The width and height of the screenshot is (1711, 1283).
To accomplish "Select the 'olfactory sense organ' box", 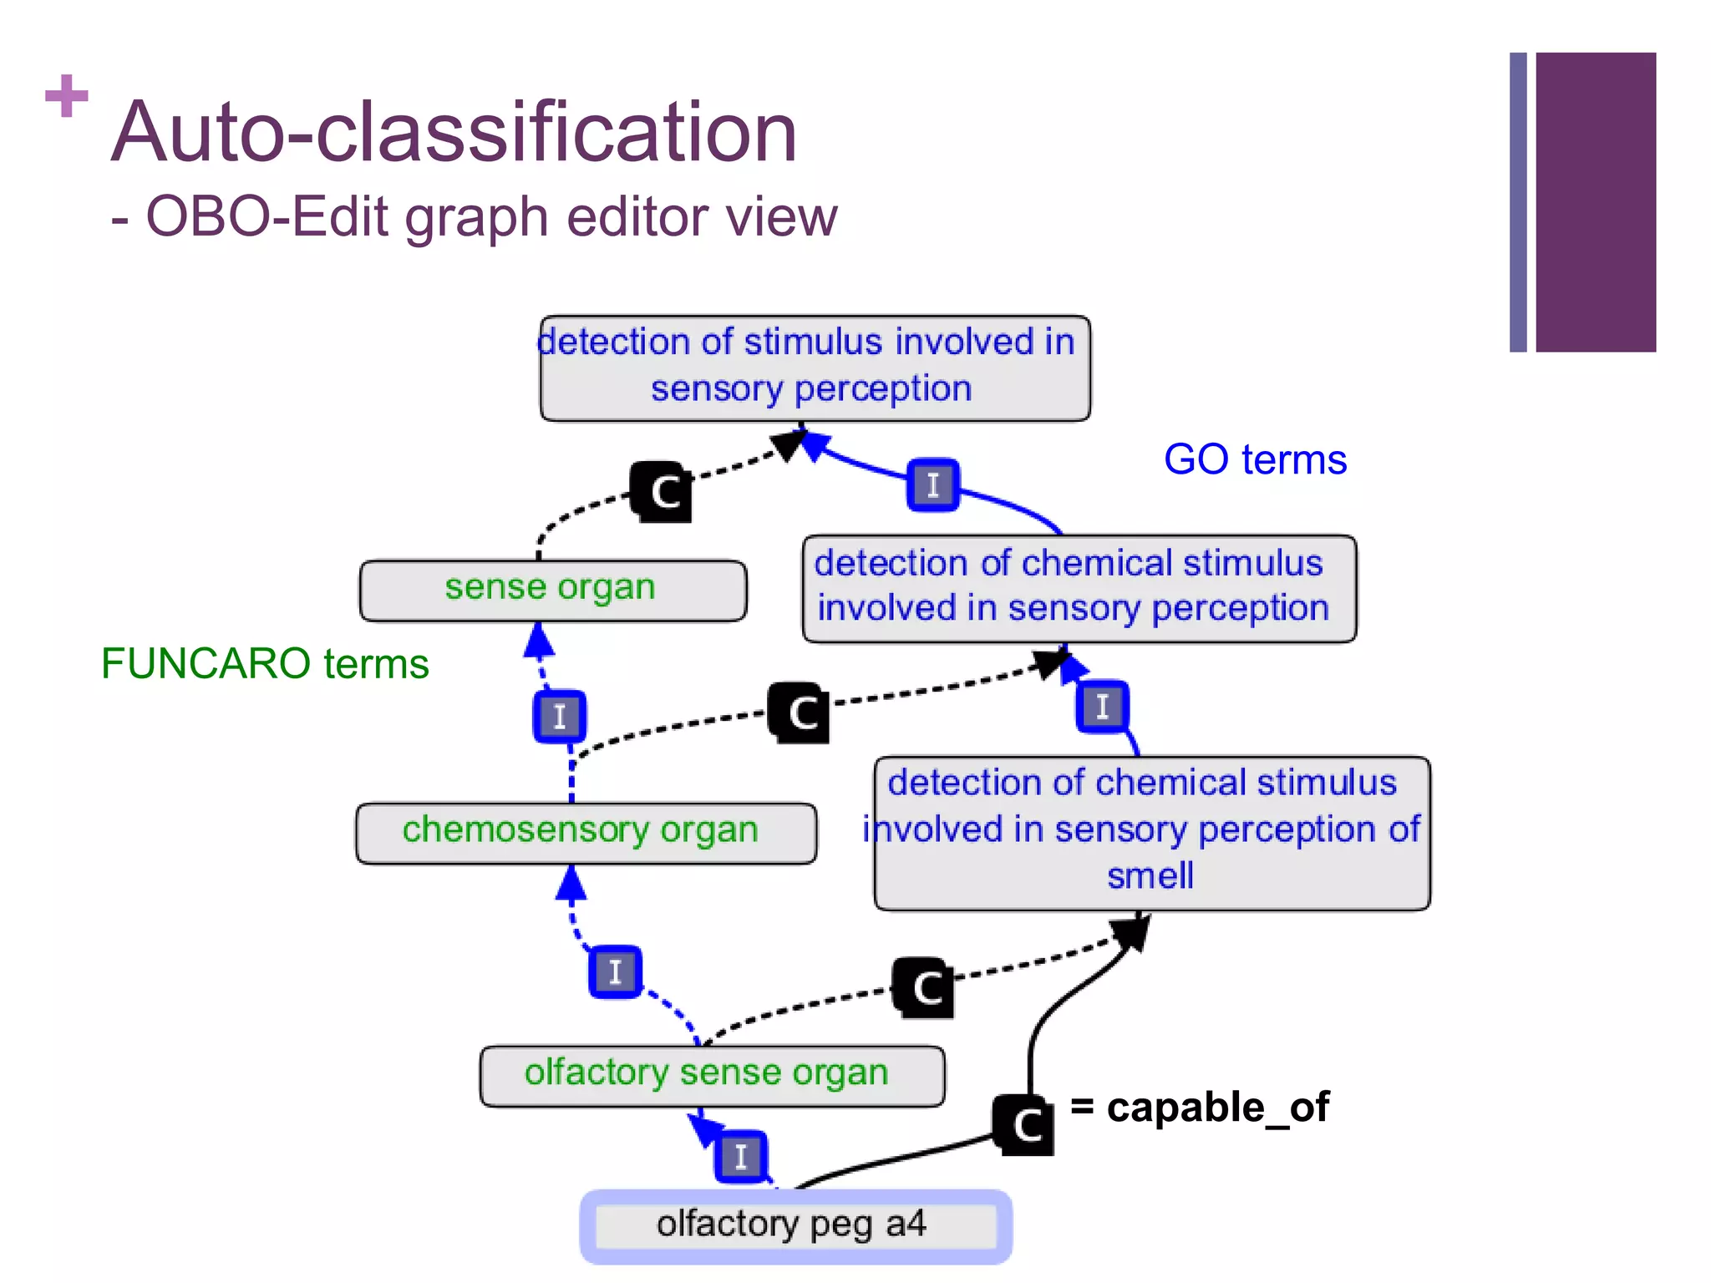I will tap(712, 1075).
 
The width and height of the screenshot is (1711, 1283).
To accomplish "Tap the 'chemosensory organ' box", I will tap(586, 832).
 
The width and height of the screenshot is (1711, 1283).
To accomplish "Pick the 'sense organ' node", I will tap(552, 590).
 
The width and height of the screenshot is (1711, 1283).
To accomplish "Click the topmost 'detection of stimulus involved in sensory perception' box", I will tap(815, 368).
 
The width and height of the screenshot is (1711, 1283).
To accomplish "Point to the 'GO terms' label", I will tap(1255, 459).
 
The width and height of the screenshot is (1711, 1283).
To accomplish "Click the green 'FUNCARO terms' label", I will tap(264, 664).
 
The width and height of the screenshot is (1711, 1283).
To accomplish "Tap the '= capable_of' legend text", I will tap(1200, 1108).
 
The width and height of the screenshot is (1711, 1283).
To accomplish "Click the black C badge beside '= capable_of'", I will tap(1024, 1124).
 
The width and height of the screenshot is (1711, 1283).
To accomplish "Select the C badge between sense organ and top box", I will tap(662, 491).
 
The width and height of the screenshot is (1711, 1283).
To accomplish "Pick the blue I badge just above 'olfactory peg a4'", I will tap(741, 1156).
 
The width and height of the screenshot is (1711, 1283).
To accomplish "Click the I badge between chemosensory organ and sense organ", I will tap(560, 716).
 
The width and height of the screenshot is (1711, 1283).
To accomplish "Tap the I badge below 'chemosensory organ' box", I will tap(616, 971).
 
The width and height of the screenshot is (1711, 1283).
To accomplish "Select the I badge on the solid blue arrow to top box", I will tap(933, 484).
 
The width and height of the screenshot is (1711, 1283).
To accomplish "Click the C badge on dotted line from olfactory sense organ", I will tap(924, 987).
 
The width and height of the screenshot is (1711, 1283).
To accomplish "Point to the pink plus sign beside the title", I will tap(67, 96).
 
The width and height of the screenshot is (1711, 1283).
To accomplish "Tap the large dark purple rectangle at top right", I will tap(1595, 202).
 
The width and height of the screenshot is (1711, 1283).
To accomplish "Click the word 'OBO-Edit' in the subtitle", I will tap(267, 217).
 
